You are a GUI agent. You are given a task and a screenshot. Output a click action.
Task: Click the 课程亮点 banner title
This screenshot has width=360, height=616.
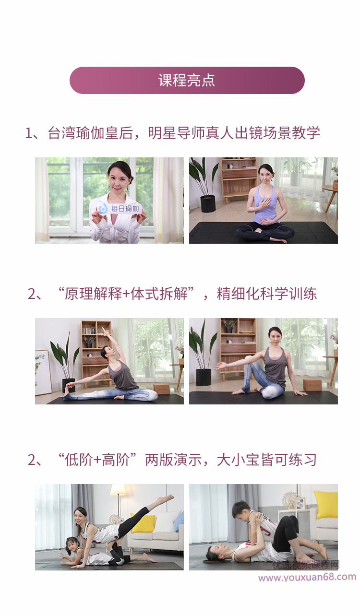[187, 80]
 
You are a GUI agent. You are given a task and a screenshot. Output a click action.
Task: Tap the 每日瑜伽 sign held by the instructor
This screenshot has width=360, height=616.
[120, 208]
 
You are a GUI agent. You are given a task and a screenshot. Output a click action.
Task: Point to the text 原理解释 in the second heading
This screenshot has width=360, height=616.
[93, 294]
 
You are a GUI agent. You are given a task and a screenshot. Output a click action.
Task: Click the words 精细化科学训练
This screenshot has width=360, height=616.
[267, 294]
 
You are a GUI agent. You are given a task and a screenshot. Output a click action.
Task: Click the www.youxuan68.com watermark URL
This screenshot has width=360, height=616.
[307, 577]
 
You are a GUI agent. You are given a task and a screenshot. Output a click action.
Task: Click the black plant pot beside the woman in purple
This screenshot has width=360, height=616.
[208, 203]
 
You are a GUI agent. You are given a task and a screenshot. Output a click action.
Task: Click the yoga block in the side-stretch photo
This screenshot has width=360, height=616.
[163, 389]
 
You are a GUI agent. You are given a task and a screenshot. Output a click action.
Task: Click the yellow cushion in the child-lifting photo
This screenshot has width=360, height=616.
[326, 505]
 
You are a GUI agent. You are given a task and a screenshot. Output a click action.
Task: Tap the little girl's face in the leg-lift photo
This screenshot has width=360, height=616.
[72, 544]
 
